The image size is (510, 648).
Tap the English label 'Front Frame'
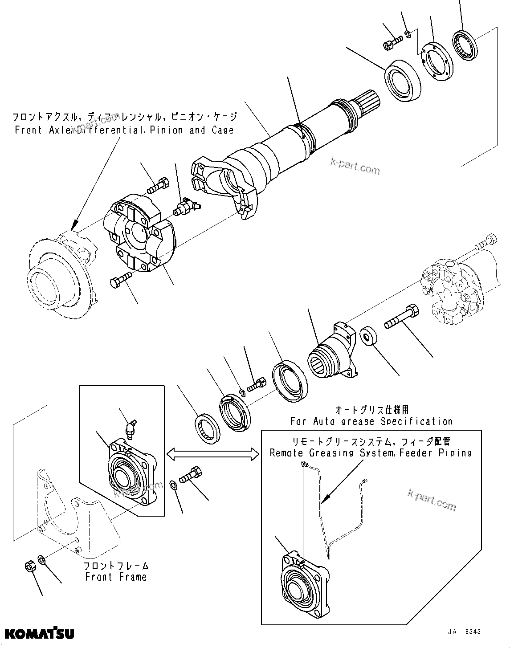tap(115, 577)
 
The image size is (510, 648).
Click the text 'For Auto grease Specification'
tap(371, 421)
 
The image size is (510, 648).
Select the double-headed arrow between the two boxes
tap(212, 454)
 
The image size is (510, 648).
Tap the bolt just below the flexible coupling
tap(120, 280)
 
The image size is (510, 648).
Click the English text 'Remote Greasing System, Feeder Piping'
tap(371, 453)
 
